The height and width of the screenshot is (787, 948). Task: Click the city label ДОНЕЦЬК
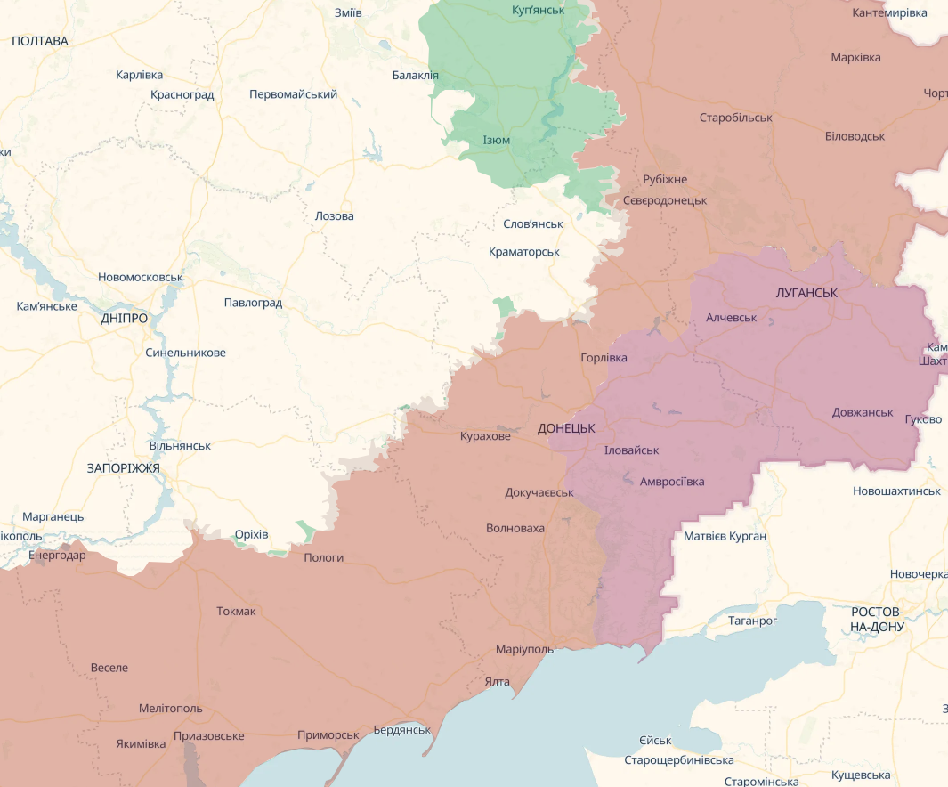click(x=566, y=428)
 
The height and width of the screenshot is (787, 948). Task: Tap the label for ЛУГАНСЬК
click(x=806, y=292)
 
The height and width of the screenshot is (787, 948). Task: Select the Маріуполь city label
click(x=524, y=649)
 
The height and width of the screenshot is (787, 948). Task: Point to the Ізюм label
click(x=497, y=141)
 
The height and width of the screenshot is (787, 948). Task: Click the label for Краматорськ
click(x=523, y=252)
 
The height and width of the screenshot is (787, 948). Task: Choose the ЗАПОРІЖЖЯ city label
click(x=123, y=467)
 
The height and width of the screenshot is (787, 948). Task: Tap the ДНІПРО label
click(x=124, y=318)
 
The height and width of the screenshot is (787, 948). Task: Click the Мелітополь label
click(x=170, y=709)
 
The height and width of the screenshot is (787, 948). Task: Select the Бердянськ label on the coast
click(x=401, y=729)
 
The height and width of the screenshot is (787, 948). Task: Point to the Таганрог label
click(x=752, y=620)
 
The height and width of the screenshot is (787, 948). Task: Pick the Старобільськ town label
click(x=735, y=118)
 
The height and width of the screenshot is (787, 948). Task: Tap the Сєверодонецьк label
click(x=664, y=200)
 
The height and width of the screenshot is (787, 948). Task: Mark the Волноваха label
click(x=515, y=528)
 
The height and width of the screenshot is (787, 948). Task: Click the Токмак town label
click(x=236, y=611)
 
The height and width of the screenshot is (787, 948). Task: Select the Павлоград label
click(x=253, y=303)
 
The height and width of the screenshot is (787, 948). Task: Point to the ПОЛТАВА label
click(x=40, y=41)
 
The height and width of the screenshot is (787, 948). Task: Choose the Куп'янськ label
click(x=539, y=10)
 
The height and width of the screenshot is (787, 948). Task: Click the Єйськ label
click(x=655, y=741)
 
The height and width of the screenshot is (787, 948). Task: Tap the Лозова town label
click(x=334, y=216)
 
